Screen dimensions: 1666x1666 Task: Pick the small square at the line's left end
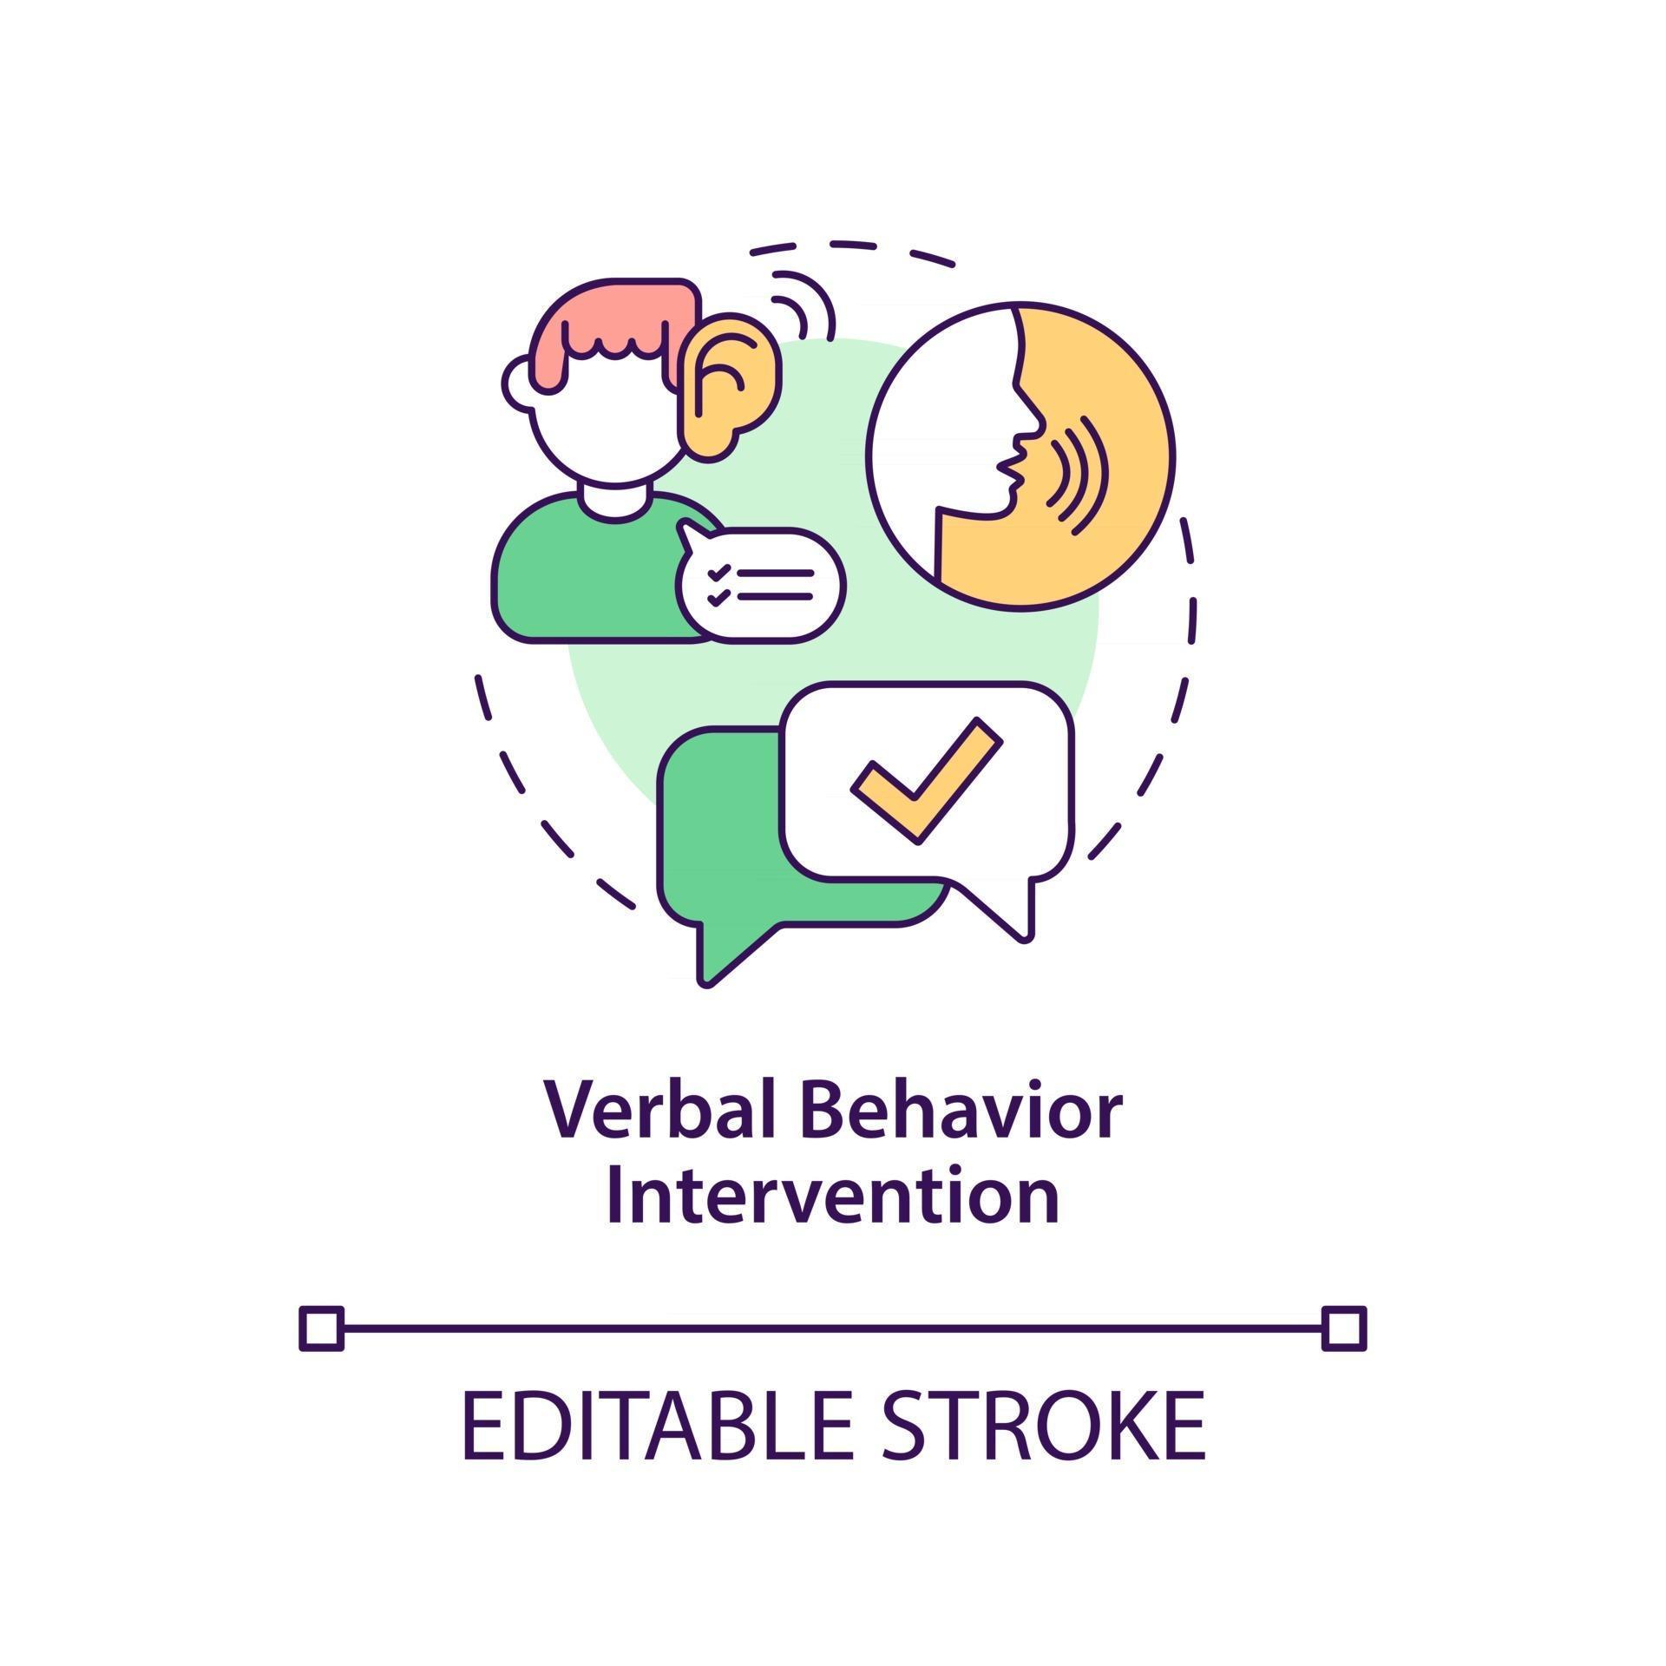click(x=322, y=1328)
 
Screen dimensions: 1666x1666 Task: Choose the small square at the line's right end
click(x=1344, y=1328)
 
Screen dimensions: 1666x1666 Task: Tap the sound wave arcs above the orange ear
click(x=803, y=308)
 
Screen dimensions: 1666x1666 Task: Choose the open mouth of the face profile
click(x=1011, y=473)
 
